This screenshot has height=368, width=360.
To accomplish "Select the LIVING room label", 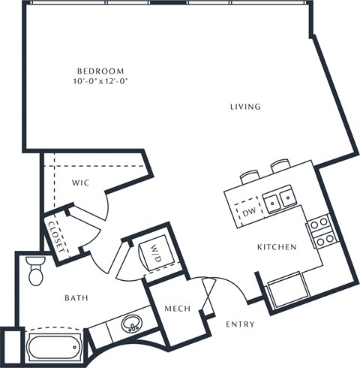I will pos(245,107).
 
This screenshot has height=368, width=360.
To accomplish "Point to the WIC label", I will pos(81,182).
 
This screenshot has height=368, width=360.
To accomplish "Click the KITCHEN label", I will pos(277,246).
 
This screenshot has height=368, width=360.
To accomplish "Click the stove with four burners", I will pos(321,231).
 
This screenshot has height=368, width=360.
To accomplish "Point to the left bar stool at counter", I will pos(250,175).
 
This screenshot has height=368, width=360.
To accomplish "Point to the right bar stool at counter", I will pos(280,164).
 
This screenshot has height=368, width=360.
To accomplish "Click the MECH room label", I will pos(178,309).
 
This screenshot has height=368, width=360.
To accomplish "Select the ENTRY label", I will pos(240,324).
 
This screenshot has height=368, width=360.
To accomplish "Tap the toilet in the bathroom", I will pos(35,271).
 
